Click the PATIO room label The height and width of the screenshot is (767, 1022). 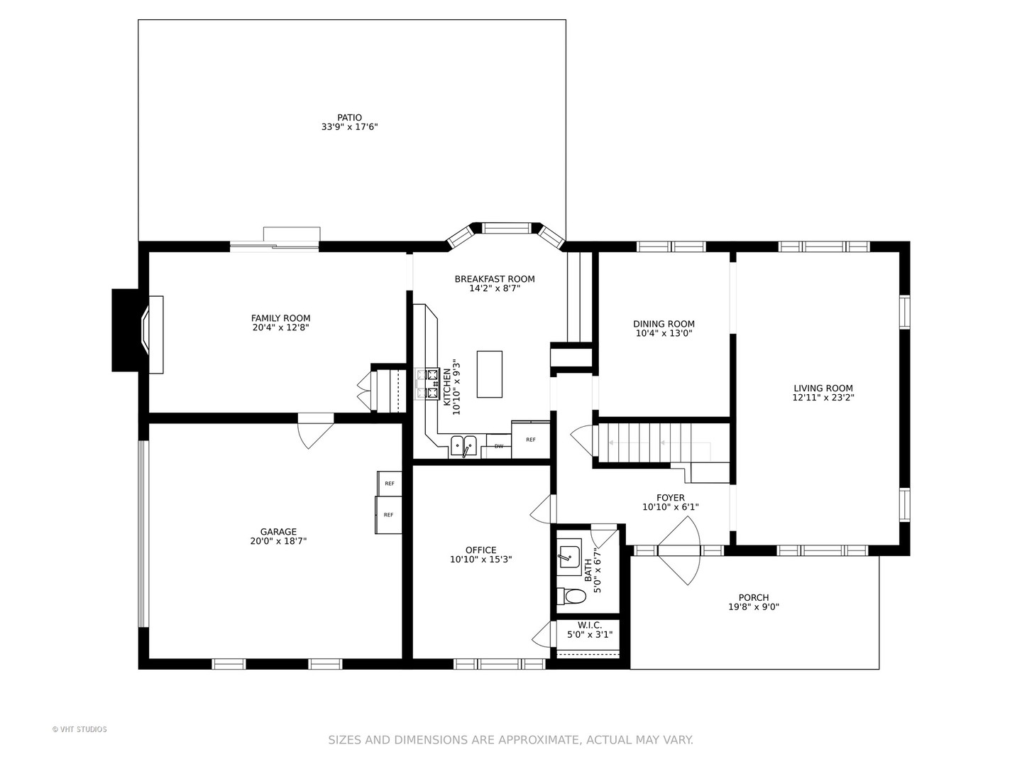click(349, 118)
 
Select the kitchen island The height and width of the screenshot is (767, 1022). click(489, 374)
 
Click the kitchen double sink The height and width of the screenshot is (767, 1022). click(463, 447)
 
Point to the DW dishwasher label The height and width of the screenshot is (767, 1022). click(499, 446)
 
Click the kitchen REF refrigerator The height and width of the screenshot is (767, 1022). click(530, 440)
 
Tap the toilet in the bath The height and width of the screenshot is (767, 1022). click(572, 596)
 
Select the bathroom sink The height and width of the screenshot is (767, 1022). click(569, 554)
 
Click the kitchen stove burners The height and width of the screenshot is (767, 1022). click(427, 384)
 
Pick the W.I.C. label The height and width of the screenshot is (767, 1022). click(590, 625)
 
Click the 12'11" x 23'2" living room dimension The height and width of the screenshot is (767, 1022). click(823, 398)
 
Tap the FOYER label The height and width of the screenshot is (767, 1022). click(671, 498)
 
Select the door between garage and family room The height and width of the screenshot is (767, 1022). click(316, 431)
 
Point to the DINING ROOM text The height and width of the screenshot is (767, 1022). click(664, 324)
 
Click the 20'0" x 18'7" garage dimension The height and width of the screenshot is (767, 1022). click(278, 541)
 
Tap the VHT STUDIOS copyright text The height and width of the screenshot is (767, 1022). click(79, 729)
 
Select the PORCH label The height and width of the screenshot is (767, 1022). click(754, 597)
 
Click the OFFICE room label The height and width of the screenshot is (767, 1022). click(481, 550)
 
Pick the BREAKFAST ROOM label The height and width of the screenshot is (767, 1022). click(495, 279)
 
